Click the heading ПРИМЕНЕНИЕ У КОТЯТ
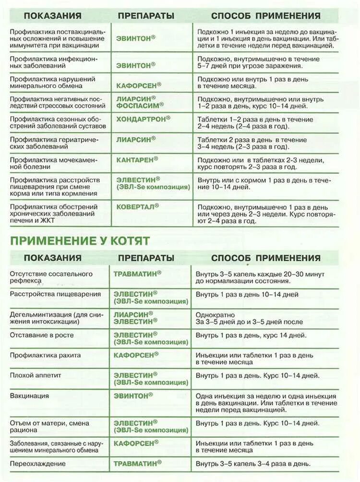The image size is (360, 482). (80, 240)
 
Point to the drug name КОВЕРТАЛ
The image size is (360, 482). (137, 206)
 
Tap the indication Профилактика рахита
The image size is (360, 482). (45, 355)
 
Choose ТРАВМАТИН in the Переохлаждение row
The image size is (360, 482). (137, 464)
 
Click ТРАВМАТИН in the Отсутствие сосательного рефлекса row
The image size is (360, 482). (137, 273)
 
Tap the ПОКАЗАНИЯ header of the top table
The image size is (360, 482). (52, 16)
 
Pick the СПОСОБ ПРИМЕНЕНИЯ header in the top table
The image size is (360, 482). (265, 16)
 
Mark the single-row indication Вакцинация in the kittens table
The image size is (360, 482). (29, 396)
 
